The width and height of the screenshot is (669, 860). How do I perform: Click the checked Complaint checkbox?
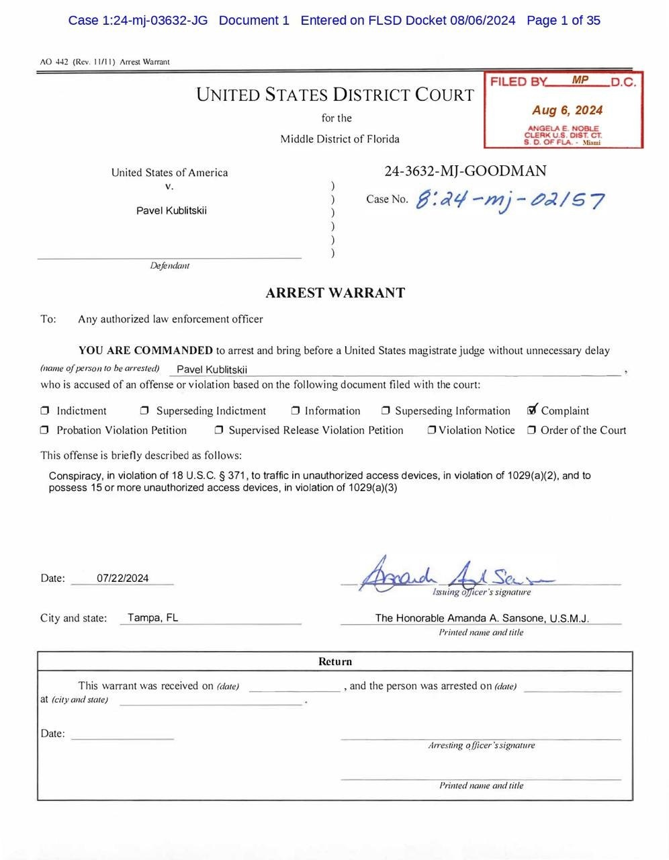tap(533, 410)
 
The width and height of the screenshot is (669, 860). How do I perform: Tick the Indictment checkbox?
tap(45, 411)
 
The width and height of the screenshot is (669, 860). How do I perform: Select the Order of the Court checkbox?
tap(531, 430)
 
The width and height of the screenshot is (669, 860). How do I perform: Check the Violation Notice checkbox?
tap(432, 430)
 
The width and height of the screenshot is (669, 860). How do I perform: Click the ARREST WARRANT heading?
tap(335, 293)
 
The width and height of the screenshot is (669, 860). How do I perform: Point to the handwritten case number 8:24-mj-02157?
tap(510, 200)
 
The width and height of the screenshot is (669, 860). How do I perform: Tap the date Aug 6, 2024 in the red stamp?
tap(567, 110)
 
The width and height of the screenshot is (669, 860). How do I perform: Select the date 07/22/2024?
tap(122, 578)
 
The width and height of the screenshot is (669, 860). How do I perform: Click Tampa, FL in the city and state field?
tap(152, 617)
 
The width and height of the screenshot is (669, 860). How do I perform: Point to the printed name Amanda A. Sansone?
tap(482, 618)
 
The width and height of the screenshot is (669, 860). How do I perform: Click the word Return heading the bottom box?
tap(334, 662)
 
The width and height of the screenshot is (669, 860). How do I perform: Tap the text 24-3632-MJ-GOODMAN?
tap(465, 171)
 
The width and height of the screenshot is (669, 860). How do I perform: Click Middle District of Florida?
tap(339, 139)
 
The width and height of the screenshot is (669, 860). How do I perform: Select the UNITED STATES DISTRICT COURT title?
tap(334, 95)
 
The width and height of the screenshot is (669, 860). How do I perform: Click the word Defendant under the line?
tap(169, 266)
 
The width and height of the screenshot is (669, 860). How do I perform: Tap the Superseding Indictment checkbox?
tap(144, 411)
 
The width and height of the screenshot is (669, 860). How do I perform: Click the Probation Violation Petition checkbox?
tap(45, 430)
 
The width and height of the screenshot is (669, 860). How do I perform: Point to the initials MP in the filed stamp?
tap(580, 80)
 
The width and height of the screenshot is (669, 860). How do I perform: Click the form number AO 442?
tap(54, 62)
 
